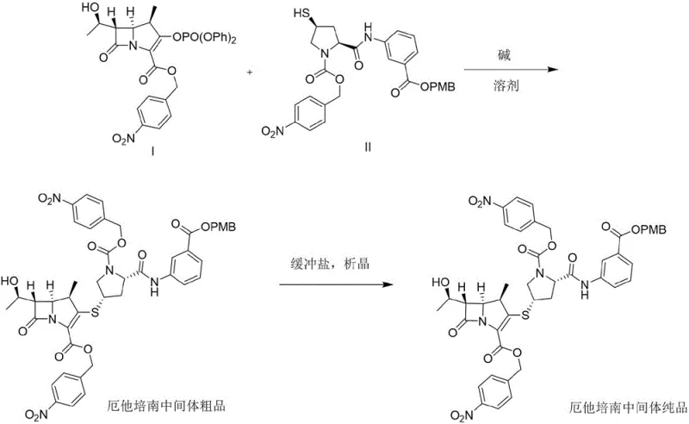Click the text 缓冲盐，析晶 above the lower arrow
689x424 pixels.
(x=330, y=264)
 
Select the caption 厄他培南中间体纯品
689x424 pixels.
(x=630, y=406)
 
